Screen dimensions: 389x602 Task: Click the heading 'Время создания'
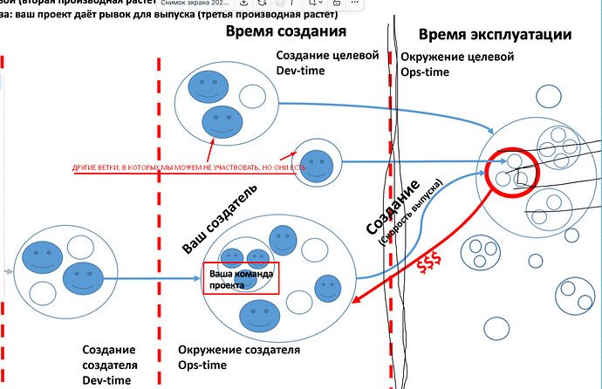pos(285,31)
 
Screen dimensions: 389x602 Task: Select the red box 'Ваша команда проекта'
pos(240,278)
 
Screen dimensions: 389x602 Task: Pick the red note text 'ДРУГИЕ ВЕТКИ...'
pos(188,166)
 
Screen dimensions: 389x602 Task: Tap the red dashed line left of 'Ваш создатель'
pos(159,218)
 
